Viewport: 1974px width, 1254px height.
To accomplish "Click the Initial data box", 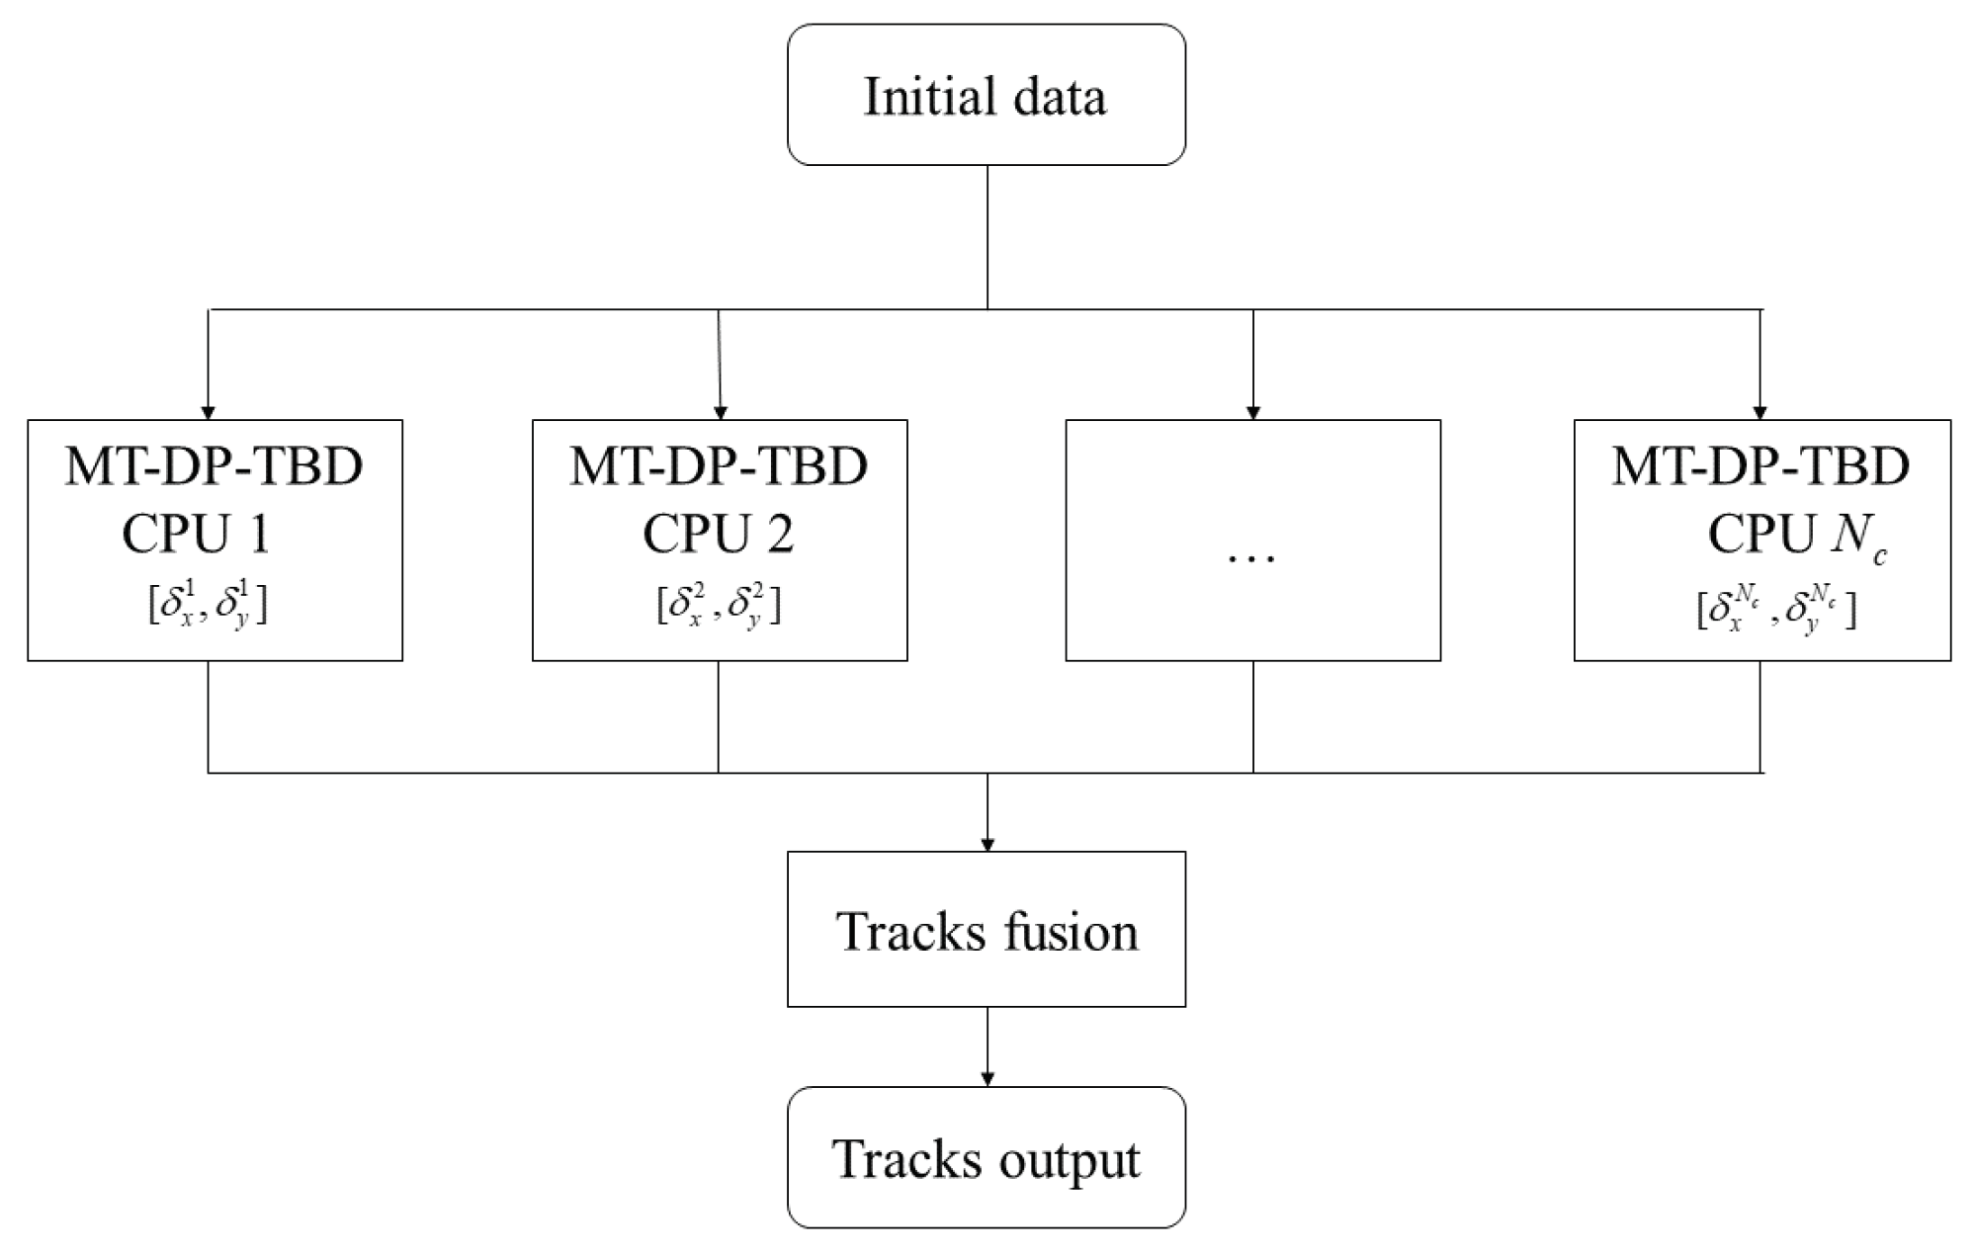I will click(986, 95).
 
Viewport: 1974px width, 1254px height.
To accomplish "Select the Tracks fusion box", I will click(986, 929).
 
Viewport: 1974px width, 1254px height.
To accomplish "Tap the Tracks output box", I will click(986, 1157).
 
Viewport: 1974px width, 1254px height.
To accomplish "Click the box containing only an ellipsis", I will click(1252, 540).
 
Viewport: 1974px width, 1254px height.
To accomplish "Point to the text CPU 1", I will click(196, 535).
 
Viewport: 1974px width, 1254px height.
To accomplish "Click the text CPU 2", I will click(718, 535).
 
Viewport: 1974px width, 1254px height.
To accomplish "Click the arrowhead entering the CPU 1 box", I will click(208, 412).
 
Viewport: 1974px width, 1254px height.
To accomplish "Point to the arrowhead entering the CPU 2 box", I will click(720, 412).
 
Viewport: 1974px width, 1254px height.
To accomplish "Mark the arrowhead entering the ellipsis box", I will click(1253, 412).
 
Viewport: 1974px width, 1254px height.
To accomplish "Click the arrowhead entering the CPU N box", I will click(1759, 412).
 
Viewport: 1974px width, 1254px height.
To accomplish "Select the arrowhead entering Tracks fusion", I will click(987, 844).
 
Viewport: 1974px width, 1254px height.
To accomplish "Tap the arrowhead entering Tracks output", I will click(987, 1079).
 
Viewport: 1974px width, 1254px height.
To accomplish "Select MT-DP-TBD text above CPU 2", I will click(719, 465).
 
